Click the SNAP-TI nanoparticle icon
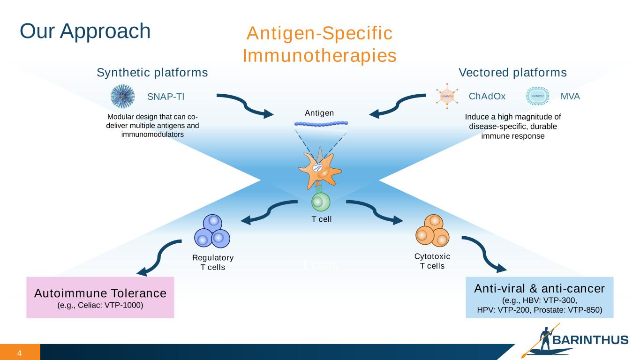[122, 96]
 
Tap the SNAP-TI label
[166, 97]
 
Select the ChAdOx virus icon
[447, 96]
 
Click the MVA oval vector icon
[537, 96]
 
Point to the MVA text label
[570, 96]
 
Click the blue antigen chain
[321, 124]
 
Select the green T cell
[321, 202]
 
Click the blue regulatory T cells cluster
[212, 231]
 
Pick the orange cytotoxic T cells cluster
[432, 231]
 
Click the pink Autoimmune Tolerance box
[100, 298]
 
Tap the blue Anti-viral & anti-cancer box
[539, 298]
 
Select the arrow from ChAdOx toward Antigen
[397, 105]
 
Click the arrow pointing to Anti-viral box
[485, 253]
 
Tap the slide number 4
[19, 353]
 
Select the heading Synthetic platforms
[152, 73]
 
